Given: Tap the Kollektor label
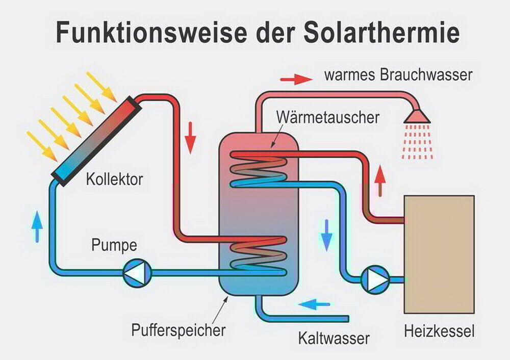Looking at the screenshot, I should click(x=115, y=179).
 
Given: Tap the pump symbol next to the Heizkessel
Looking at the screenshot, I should click(x=375, y=279).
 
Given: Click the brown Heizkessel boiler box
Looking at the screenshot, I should click(x=439, y=254).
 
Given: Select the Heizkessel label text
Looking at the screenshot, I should click(x=439, y=332).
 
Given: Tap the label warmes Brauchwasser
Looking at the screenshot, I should click(x=398, y=75).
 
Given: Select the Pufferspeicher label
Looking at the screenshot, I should click(x=178, y=330).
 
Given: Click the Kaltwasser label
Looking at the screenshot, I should click(x=334, y=337).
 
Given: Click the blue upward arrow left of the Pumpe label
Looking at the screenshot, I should click(x=37, y=226).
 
